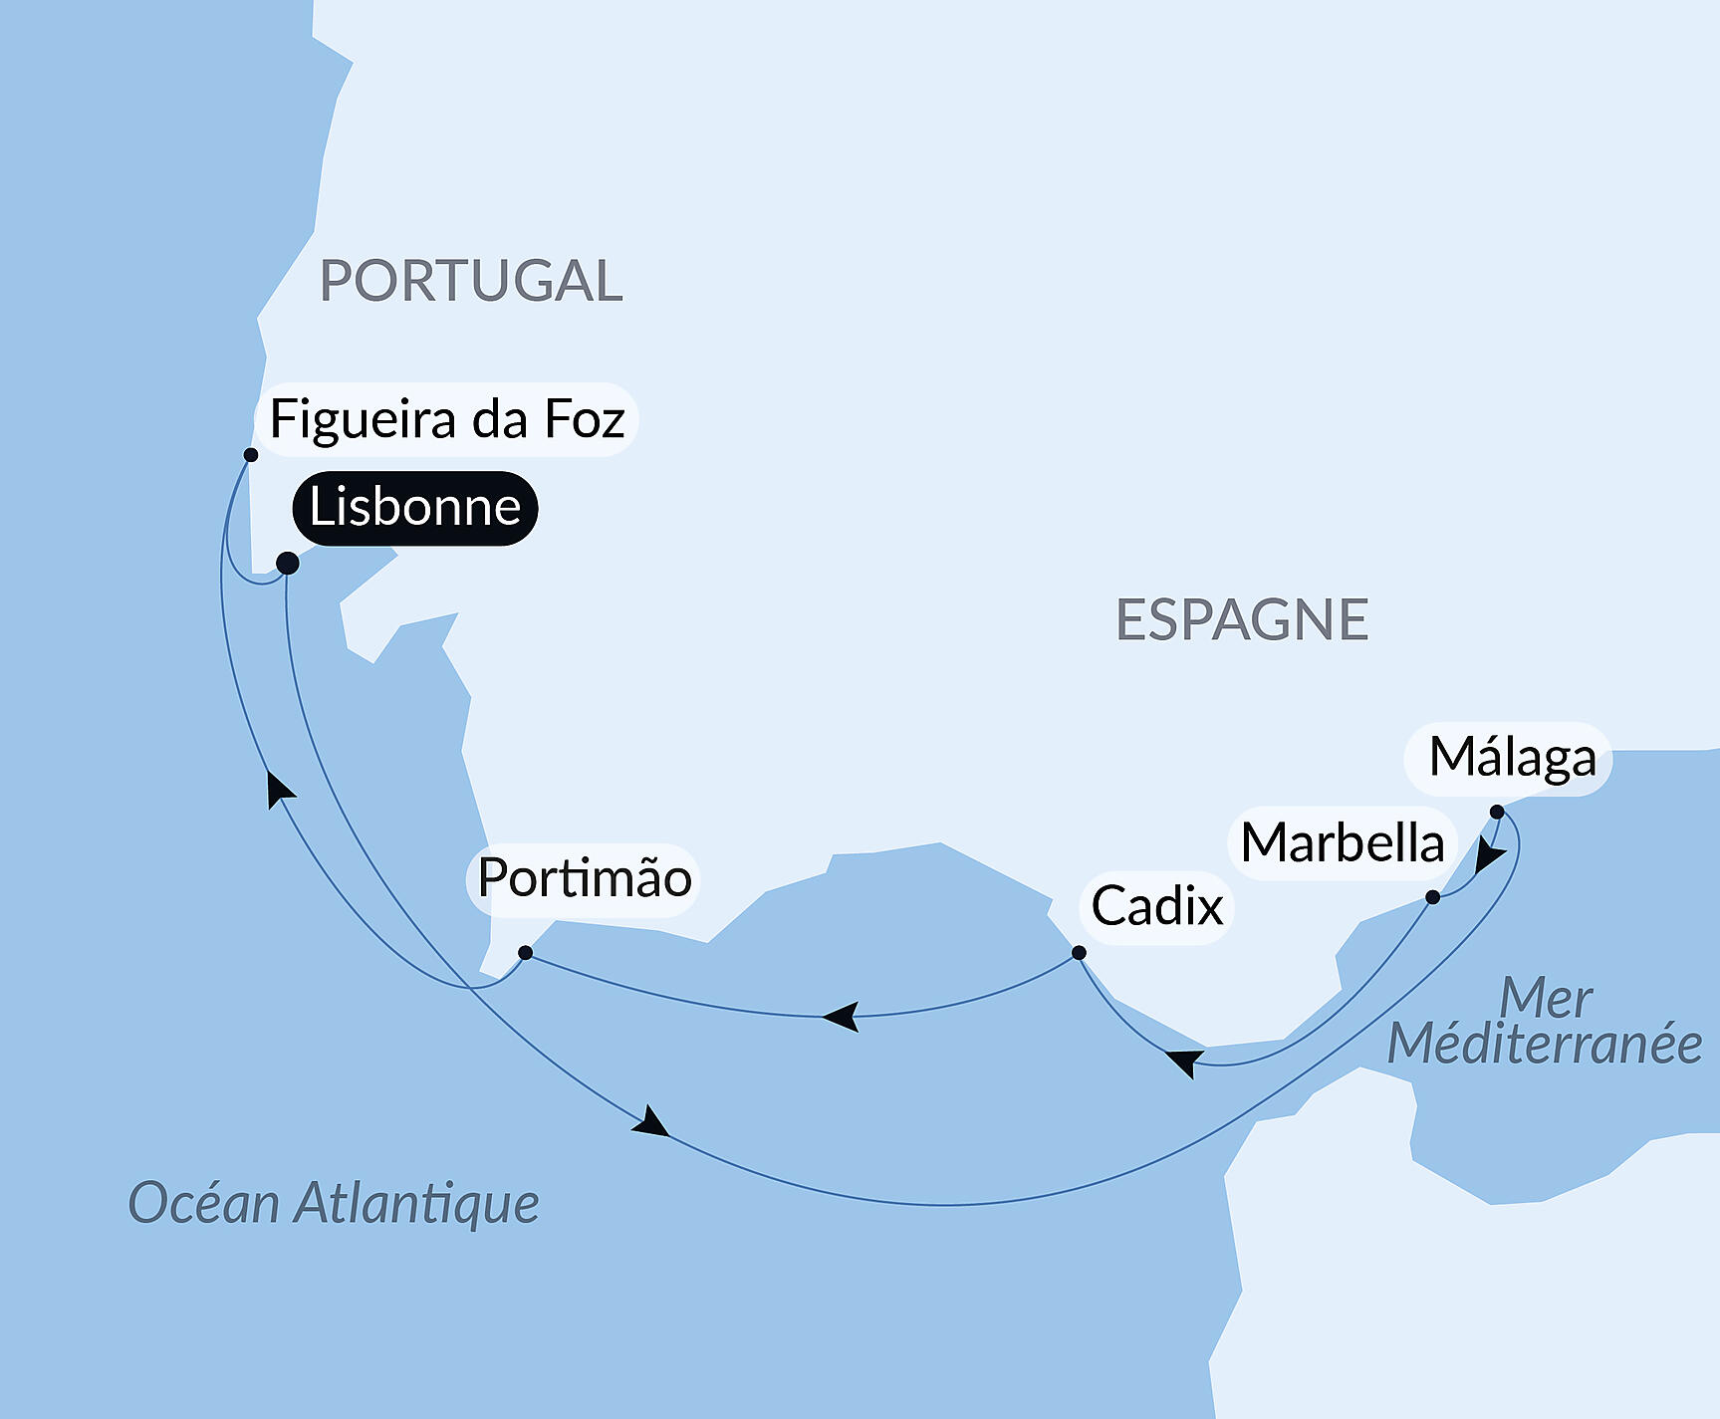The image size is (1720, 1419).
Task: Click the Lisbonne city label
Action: tap(414, 508)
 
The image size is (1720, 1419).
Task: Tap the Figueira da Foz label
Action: tap(447, 419)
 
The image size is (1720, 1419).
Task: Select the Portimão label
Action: tap(584, 878)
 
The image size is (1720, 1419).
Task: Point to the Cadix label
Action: tap(1156, 906)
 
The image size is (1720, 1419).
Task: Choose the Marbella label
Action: tap(1343, 843)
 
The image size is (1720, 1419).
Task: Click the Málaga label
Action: tap(1512, 758)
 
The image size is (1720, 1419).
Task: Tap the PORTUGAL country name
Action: tap(471, 281)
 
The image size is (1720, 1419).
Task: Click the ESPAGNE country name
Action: tap(1242, 620)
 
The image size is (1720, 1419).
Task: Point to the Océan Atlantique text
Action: tap(334, 1203)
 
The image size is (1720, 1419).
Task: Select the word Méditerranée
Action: tap(1545, 1045)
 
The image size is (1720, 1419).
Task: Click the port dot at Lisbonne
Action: tap(287, 564)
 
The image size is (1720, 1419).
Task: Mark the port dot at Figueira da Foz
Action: tap(251, 455)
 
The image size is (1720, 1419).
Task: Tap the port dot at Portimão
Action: tap(525, 953)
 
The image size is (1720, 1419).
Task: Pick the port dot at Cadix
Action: tap(1079, 953)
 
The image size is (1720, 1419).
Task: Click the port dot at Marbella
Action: tap(1432, 897)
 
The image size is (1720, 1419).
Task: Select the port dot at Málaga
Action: tap(1497, 813)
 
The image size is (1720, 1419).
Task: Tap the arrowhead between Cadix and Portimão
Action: tap(843, 1017)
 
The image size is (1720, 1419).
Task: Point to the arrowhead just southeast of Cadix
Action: tap(1183, 1061)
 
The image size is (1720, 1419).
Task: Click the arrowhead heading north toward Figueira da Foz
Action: tap(279, 789)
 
